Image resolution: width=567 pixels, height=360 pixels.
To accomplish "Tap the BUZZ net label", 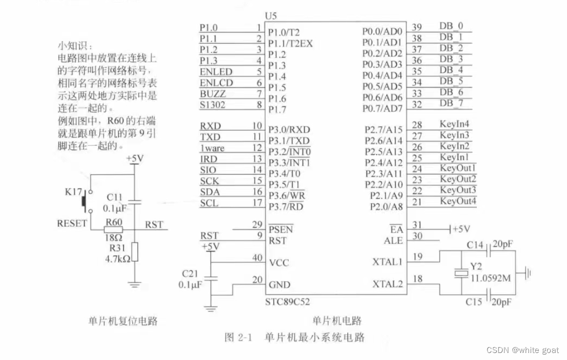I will [213, 94].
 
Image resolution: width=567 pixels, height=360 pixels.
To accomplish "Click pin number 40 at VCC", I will [257, 258].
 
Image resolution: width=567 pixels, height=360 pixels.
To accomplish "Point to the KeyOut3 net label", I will [458, 190].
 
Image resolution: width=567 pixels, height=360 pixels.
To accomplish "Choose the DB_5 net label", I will [451, 81].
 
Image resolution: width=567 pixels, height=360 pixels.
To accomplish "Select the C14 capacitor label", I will [475, 246].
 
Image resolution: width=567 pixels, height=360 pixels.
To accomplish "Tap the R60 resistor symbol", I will [113, 230].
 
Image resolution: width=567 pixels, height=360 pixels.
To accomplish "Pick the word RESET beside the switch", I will [72, 223].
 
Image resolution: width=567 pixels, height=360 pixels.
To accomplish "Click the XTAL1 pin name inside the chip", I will [387, 262].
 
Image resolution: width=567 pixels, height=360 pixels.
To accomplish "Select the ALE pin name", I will [393, 241].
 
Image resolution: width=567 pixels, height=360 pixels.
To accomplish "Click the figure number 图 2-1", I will [238, 338].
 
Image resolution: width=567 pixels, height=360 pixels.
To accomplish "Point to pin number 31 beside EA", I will [416, 225].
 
